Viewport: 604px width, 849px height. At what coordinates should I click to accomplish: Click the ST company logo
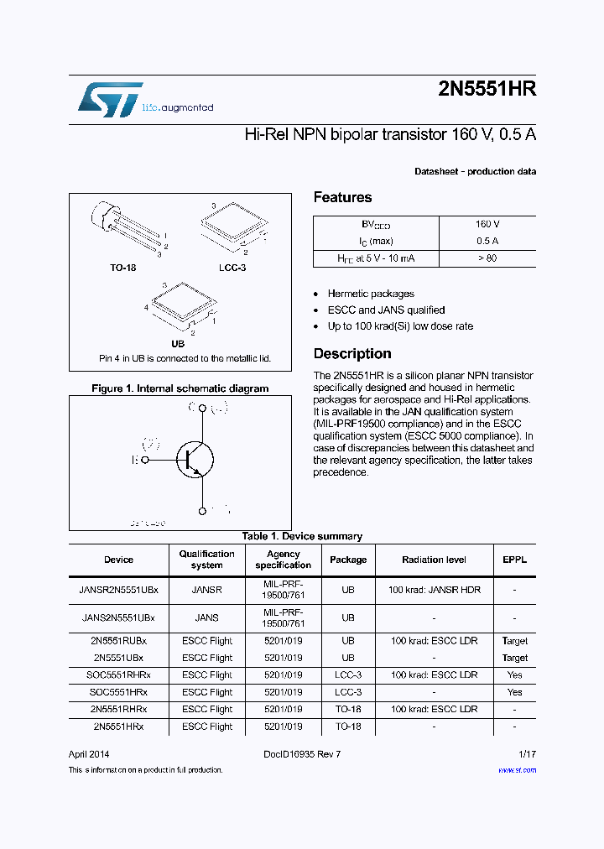pyautogui.click(x=110, y=99)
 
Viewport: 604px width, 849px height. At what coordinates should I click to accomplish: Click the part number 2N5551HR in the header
pyautogui.click(x=487, y=91)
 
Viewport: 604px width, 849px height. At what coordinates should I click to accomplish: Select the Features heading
pyautogui.click(x=342, y=198)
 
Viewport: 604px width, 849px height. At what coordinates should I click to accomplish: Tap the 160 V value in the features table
pyautogui.click(x=487, y=225)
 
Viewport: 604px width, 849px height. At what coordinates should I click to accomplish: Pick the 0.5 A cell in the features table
pyautogui.click(x=487, y=242)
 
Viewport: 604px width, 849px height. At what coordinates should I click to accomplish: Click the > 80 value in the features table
pyautogui.click(x=487, y=258)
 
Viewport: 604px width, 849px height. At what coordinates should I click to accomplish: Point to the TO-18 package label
pyautogui.click(x=122, y=268)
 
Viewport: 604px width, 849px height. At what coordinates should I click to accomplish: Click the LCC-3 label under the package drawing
pyautogui.click(x=232, y=268)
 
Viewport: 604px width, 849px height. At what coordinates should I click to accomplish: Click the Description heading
pyautogui.click(x=352, y=354)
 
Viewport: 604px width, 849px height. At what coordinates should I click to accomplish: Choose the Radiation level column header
pyautogui.click(x=434, y=560)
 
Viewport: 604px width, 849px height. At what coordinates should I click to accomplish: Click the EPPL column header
pyautogui.click(x=514, y=560)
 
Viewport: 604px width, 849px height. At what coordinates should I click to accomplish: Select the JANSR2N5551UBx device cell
pyautogui.click(x=118, y=590)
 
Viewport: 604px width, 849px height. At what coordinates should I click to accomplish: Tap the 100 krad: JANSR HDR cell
pyautogui.click(x=434, y=590)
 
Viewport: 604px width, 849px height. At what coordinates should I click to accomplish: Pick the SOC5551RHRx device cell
pyautogui.click(x=118, y=675)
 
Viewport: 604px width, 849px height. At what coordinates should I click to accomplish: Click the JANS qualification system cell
pyautogui.click(x=206, y=617)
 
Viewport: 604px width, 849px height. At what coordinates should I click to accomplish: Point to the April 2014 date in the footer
pyautogui.click(x=89, y=754)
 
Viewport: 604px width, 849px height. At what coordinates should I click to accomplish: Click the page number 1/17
pyautogui.click(x=527, y=754)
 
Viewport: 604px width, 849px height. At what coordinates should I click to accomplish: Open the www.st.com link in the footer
pyautogui.click(x=517, y=770)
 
